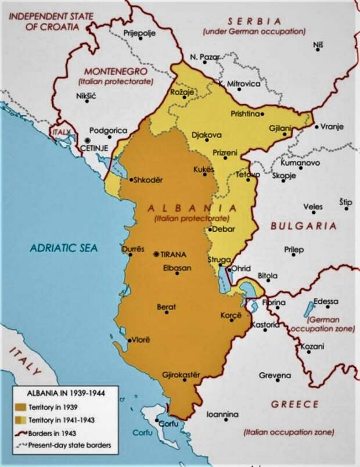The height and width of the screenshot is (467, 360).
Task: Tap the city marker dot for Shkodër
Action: click(x=131, y=179)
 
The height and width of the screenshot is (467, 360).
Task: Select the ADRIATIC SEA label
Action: click(x=64, y=247)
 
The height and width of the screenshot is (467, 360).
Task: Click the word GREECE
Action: click(x=294, y=404)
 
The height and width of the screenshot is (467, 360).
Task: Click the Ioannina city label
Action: click(x=223, y=414)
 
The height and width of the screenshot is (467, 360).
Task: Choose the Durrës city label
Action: click(x=131, y=249)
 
